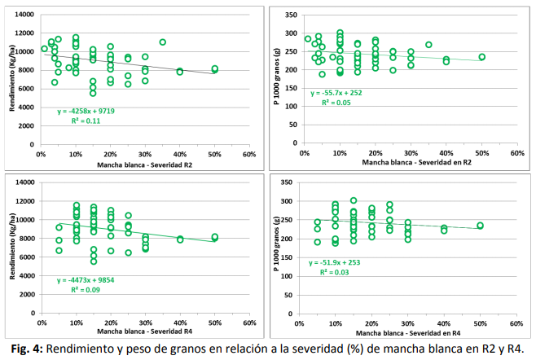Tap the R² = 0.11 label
click(91, 120)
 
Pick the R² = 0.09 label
click(91, 290)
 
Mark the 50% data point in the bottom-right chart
click(481, 226)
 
